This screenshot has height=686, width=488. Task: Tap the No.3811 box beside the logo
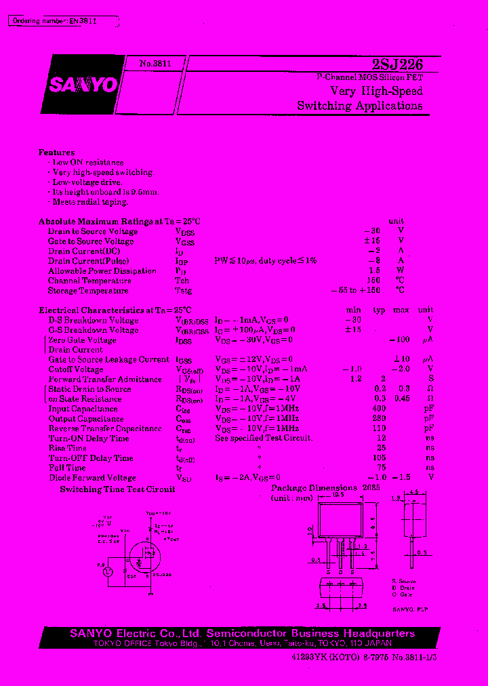tap(155, 63)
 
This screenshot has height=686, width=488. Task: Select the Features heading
tap(57, 153)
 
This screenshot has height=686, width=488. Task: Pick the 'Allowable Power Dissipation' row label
tap(93, 271)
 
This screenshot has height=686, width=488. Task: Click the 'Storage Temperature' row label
tap(88, 291)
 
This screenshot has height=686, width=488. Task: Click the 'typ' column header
tap(379, 310)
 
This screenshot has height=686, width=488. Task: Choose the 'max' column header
tap(402, 310)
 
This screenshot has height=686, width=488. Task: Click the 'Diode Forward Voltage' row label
tap(92, 478)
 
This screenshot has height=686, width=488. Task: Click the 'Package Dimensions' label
tap(314, 488)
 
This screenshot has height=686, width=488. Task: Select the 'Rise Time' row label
tap(68, 448)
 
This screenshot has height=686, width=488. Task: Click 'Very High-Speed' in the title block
tap(376, 91)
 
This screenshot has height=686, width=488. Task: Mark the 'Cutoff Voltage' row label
tap(76, 369)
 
